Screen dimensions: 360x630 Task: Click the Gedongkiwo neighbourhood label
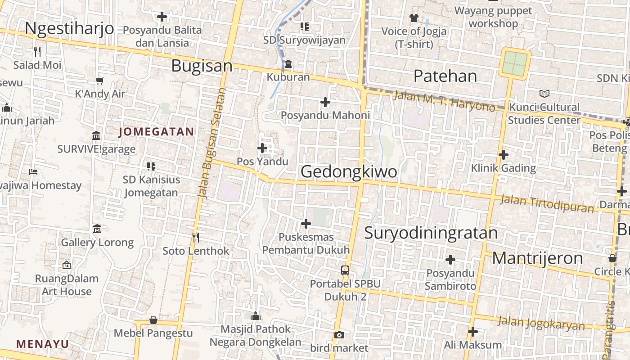point(349,171)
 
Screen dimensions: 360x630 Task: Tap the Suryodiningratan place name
point(431,233)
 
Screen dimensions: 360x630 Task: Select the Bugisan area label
point(202,66)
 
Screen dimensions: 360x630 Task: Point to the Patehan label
point(445,76)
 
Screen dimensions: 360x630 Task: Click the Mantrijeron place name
point(537,258)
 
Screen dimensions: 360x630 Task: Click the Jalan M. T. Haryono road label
point(444,102)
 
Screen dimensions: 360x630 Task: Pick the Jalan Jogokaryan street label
point(541,323)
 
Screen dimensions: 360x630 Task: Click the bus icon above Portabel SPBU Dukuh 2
point(345,270)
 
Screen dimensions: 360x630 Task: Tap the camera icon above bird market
point(339,335)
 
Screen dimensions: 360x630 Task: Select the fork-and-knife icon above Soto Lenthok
point(196,237)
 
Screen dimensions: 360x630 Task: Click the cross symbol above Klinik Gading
point(504,155)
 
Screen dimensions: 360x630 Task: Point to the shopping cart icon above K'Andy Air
point(99,81)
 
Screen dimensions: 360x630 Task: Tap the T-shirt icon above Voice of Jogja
point(414,18)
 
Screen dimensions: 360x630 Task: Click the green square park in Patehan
point(514,64)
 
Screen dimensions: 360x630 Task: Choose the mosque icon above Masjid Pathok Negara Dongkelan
point(256,316)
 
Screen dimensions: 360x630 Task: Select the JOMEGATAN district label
point(156,132)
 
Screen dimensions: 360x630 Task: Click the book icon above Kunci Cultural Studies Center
point(544,94)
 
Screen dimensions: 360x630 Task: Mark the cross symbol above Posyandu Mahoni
point(325,102)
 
